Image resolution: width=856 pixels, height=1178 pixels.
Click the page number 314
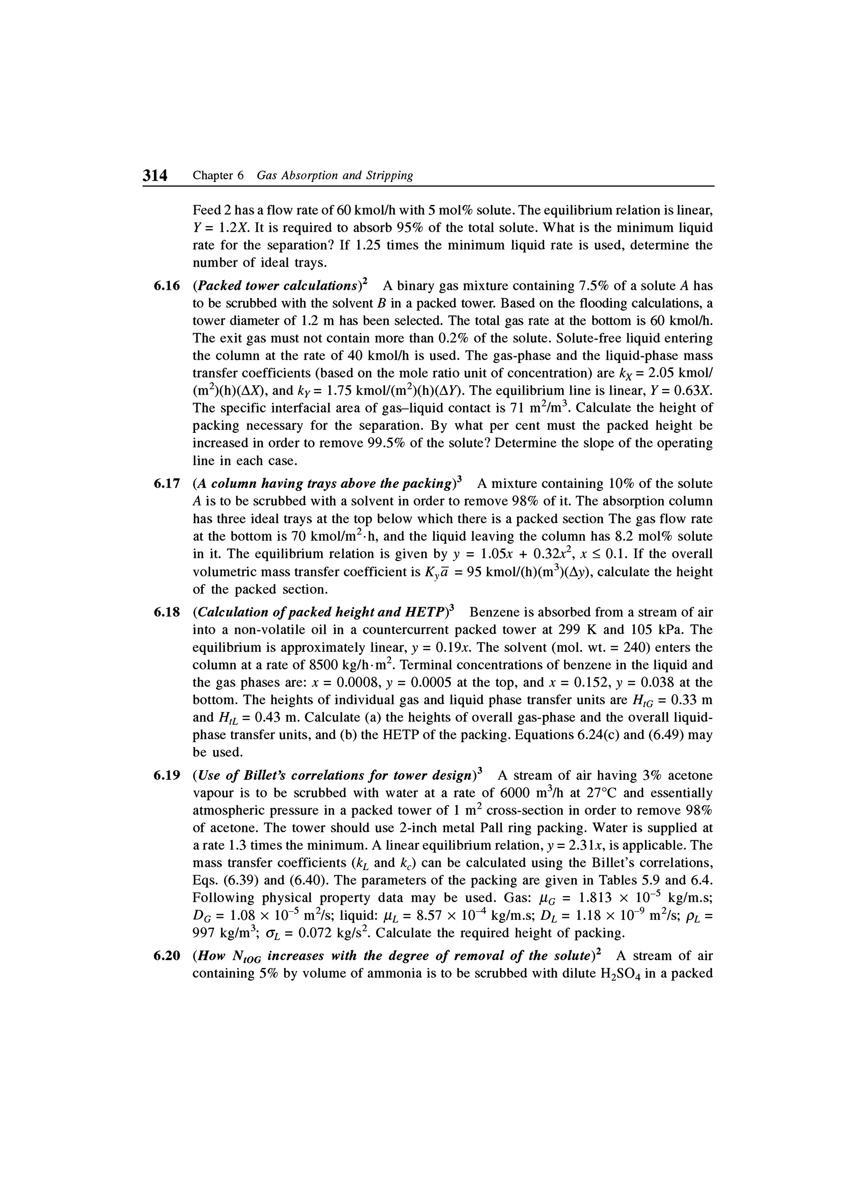156,176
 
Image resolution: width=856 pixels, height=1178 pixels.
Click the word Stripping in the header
389,176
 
